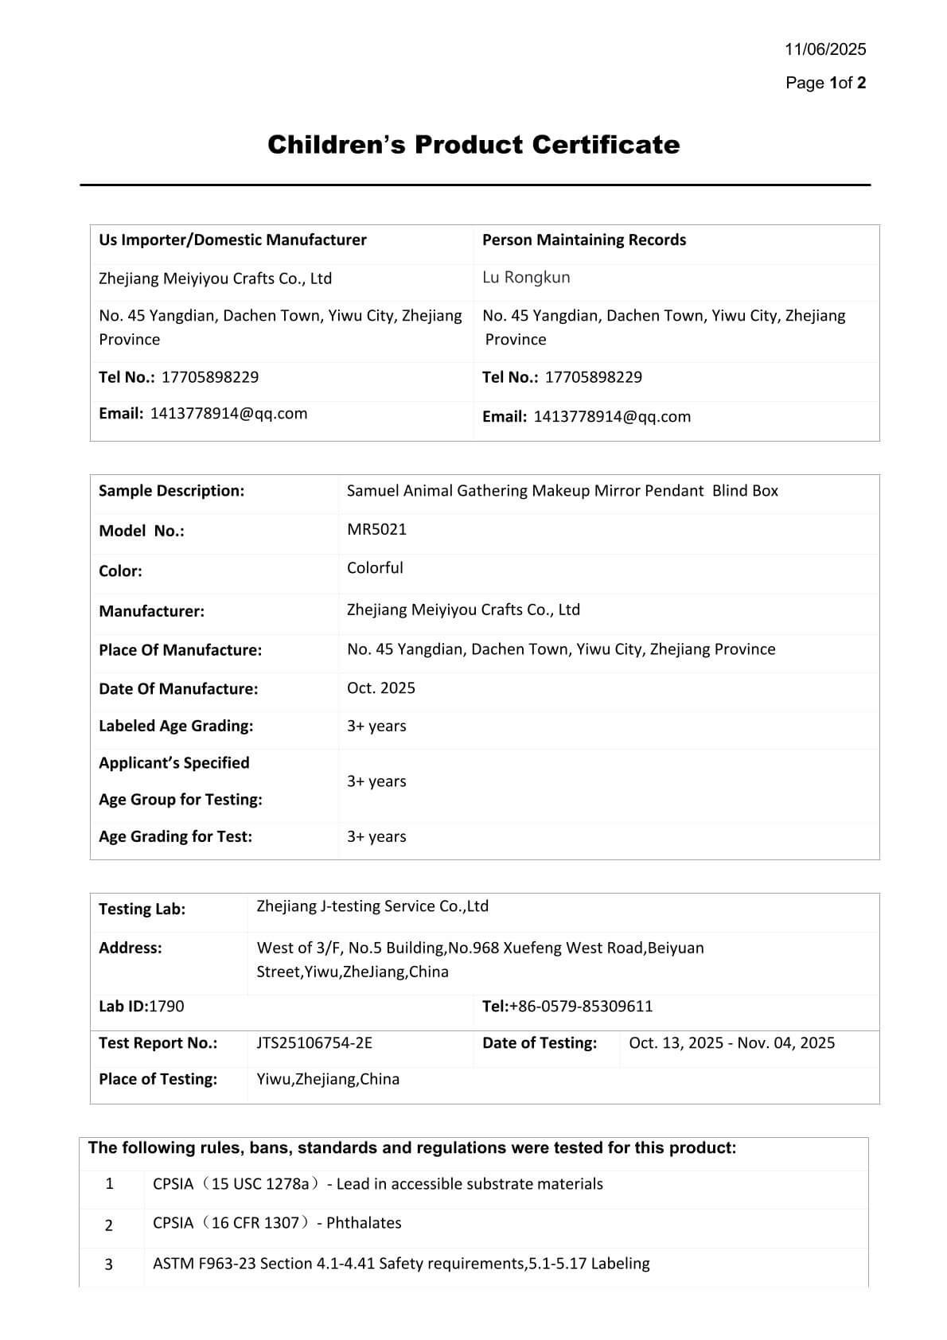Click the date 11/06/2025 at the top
click(x=825, y=49)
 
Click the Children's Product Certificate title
click(x=473, y=145)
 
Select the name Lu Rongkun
click(x=526, y=278)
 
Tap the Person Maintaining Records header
click(x=584, y=240)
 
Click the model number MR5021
click(x=376, y=529)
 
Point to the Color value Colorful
click(x=375, y=568)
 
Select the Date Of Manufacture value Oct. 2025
click(x=381, y=688)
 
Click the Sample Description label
click(x=171, y=491)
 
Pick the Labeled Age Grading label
click(x=176, y=726)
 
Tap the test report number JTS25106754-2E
click(x=314, y=1043)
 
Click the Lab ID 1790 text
click(x=141, y=1007)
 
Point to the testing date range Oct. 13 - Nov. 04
click(x=731, y=1043)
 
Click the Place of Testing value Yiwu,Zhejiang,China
click(x=328, y=1080)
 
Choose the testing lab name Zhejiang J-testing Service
click(x=372, y=906)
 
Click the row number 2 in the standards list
click(x=109, y=1225)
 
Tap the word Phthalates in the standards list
click(x=364, y=1223)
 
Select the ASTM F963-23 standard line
click(x=401, y=1264)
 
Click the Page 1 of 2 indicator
click(x=825, y=83)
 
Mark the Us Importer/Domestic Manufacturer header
click(x=232, y=240)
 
